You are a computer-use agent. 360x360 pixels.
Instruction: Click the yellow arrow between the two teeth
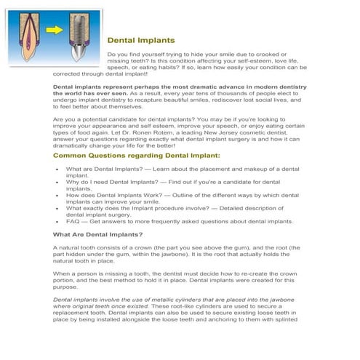point(56,31)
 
